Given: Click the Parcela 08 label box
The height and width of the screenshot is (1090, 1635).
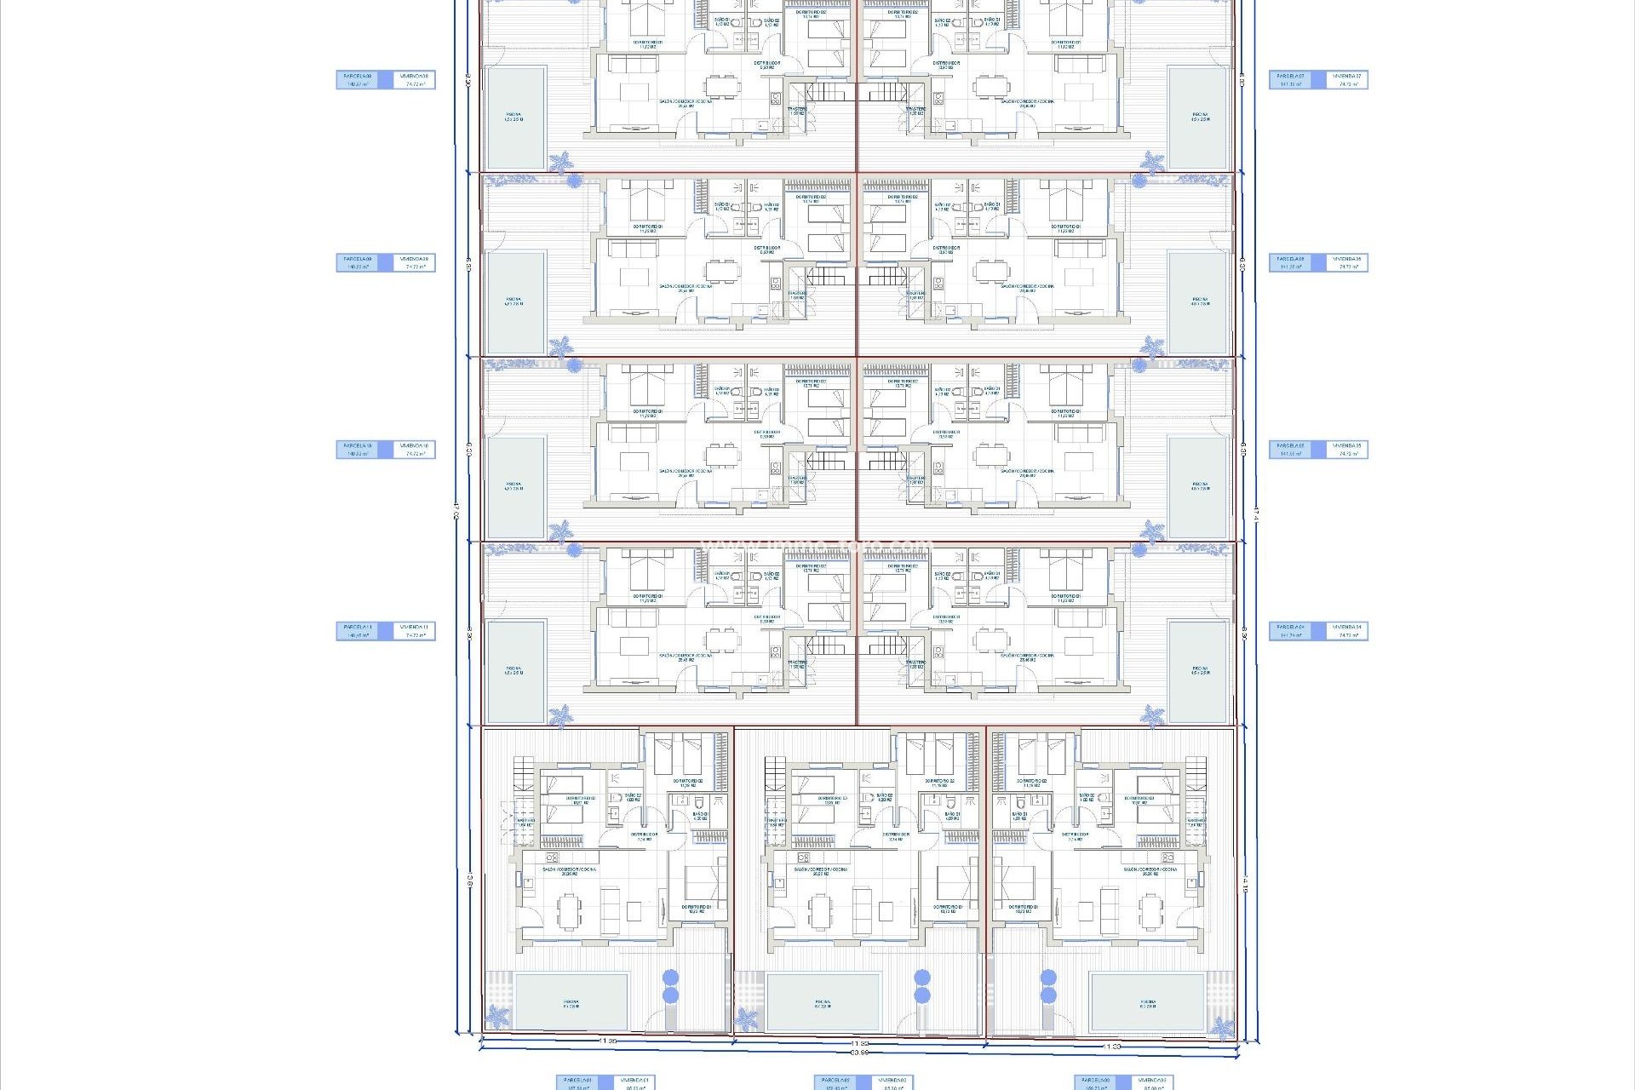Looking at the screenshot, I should tap(359, 80).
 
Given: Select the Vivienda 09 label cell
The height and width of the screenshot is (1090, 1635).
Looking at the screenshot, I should tap(415, 263).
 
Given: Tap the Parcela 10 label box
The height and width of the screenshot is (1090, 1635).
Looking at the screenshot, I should tap(359, 450).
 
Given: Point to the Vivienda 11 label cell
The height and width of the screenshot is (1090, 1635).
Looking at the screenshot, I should tap(415, 631).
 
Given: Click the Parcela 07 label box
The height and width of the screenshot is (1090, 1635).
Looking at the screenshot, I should tap(1291, 80).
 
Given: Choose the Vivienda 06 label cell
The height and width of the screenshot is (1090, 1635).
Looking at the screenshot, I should tap(1346, 263).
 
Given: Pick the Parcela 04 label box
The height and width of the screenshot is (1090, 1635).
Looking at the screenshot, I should tap(1291, 631).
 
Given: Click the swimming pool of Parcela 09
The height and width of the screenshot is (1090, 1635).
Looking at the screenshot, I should tap(515, 302).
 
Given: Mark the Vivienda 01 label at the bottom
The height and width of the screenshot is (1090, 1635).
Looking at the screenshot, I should tap(633, 1082).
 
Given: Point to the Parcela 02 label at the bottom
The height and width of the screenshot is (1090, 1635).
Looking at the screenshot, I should tap(836, 1082).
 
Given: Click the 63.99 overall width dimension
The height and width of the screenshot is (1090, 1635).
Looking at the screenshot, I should tap(859, 1053).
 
